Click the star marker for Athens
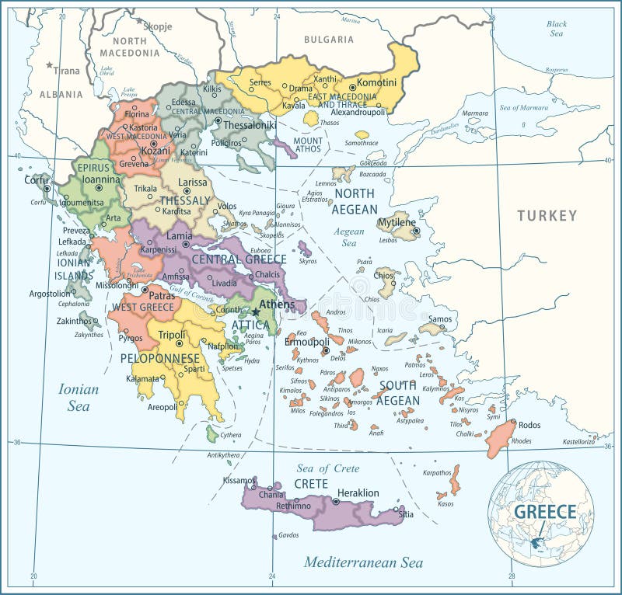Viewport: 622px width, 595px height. (254, 312)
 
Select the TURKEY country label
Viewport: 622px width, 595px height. (547, 215)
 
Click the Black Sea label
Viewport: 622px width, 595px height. (556, 29)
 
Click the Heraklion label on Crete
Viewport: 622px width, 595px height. (358, 492)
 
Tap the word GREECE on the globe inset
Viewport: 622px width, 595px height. (544, 511)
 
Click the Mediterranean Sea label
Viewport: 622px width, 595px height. (363, 561)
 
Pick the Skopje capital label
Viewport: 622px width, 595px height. (157, 26)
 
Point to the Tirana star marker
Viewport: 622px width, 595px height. (50, 65)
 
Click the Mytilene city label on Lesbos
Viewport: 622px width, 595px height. (397, 223)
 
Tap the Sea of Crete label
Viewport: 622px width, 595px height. (327, 468)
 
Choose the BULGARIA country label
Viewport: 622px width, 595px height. (329, 39)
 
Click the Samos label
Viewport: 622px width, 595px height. (439, 318)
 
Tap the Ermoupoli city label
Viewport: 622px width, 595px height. (307, 342)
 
